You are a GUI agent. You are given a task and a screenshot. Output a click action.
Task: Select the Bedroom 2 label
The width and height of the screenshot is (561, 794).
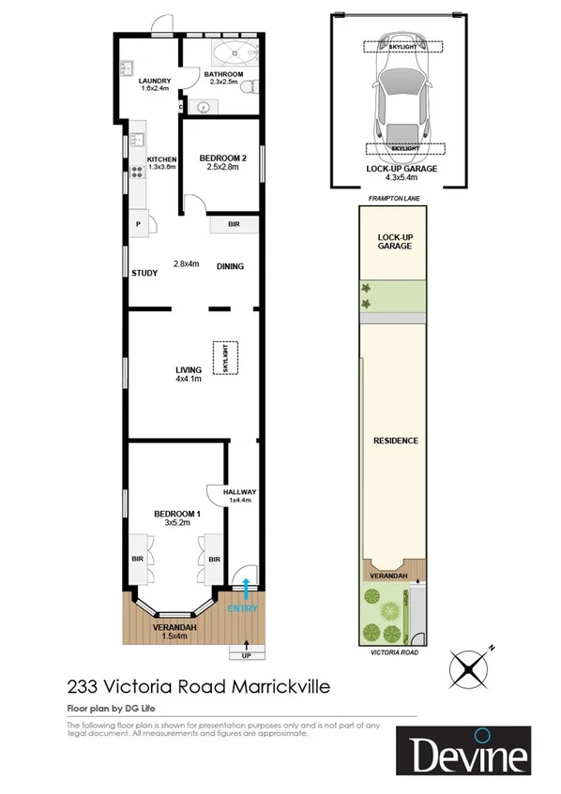pos(222,163)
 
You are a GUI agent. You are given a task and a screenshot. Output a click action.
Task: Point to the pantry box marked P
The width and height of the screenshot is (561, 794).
pos(139,225)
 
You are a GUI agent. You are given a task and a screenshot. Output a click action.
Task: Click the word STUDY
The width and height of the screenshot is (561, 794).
pos(144,274)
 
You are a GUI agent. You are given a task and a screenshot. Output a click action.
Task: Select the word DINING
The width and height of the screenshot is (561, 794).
pos(230,266)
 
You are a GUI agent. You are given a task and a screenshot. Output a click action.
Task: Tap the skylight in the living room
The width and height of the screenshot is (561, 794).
pos(225,358)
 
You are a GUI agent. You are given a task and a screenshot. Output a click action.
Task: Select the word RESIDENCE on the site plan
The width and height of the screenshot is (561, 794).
pos(395,440)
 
